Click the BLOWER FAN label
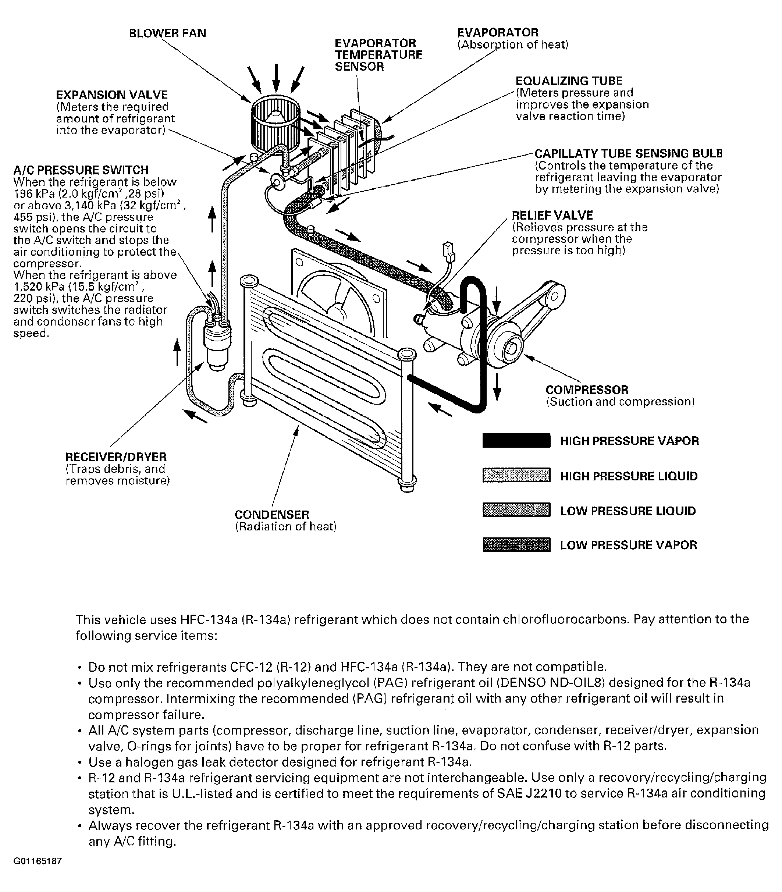(167, 33)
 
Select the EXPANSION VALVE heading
(112, 95)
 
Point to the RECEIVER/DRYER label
(116, 457)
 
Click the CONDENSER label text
(272, 515)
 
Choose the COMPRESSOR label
(587, 390)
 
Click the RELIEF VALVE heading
(552, 215)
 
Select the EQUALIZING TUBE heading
(569, 81)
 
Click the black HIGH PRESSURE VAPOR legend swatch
(516, 441)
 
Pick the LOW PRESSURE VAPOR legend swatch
(516, 545)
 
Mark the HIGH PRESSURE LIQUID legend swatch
(516, 476)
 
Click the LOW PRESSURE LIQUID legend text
(628, 511)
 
